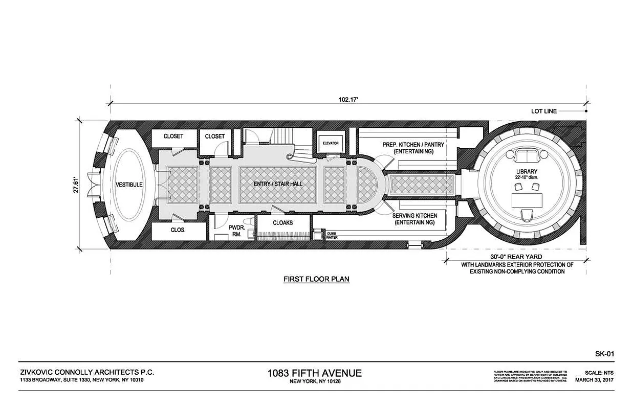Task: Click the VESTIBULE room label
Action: [128, 184]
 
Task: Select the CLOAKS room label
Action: [282, 223]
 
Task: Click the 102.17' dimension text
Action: [348, 100]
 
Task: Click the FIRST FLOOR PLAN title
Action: [316, 279]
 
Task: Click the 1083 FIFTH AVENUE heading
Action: [314, 373]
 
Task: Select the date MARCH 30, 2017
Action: [594, 380]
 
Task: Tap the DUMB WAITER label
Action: [332, 236]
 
